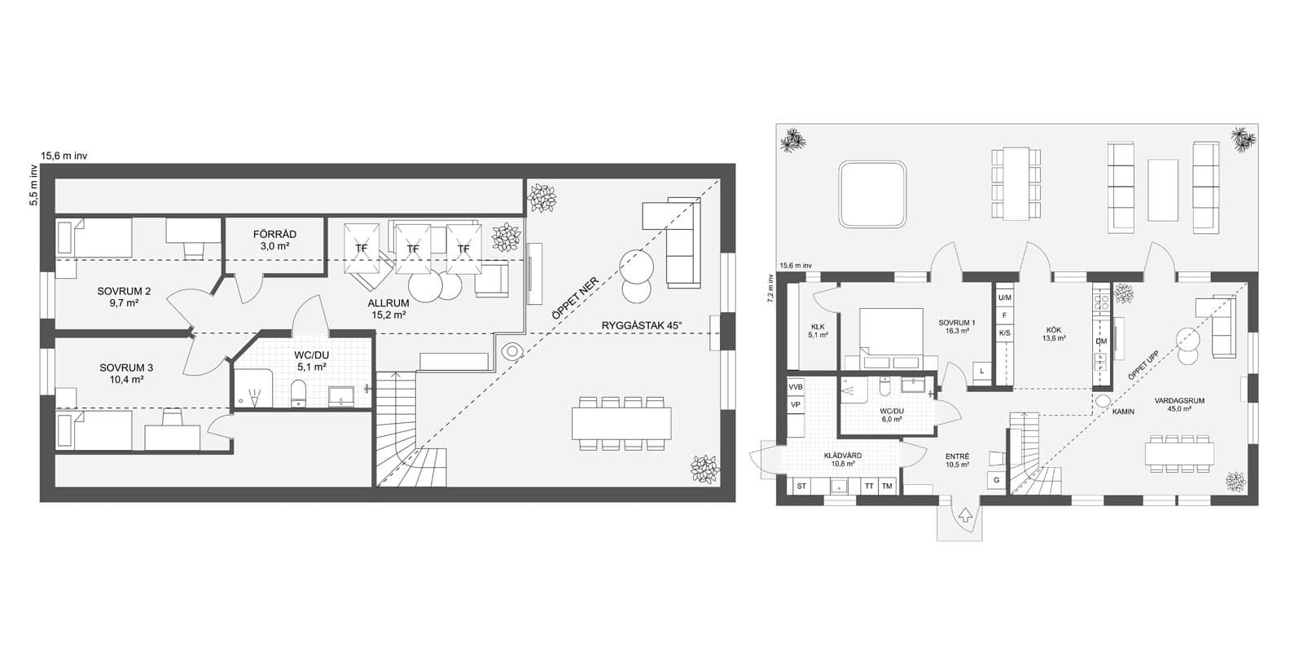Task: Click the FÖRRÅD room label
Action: coord(274,234)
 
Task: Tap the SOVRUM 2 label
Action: coord(124,291)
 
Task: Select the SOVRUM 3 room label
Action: coord(126,368)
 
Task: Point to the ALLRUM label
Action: coord(388,303)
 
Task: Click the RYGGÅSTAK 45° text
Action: coord(641,325)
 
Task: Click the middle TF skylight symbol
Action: coord(413,249)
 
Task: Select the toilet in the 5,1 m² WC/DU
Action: coord(298,394)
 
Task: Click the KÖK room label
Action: coord(1054,330)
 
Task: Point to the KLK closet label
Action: coord(818,327)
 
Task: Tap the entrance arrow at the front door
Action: coord(966,514)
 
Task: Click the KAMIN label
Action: coord(1123,412)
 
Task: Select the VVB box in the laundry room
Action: coord(795,386)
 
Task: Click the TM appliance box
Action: coord(887,486)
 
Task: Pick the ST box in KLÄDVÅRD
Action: coord(801,486)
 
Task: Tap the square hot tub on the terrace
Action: coord(872,195)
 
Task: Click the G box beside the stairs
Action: coord(997,480)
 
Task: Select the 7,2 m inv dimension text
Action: coord(770,289)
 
